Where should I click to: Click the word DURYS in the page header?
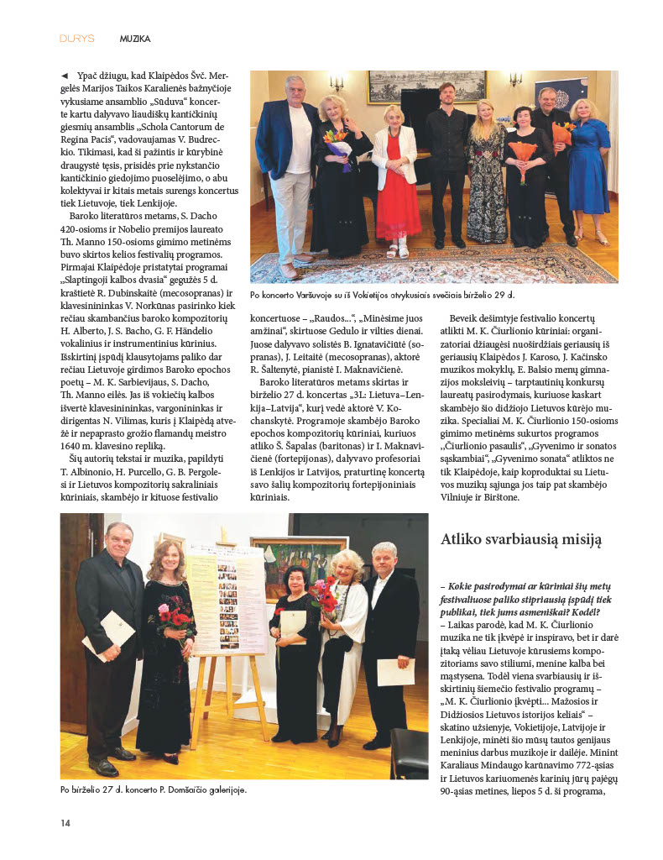coord(76,39)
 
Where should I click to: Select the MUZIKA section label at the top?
coord(135,39)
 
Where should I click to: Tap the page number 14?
coord(65,822)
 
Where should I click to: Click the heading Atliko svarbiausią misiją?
coord(520,540)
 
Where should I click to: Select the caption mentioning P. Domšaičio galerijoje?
coord(154,790)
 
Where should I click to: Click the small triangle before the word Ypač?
coord(65,76)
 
